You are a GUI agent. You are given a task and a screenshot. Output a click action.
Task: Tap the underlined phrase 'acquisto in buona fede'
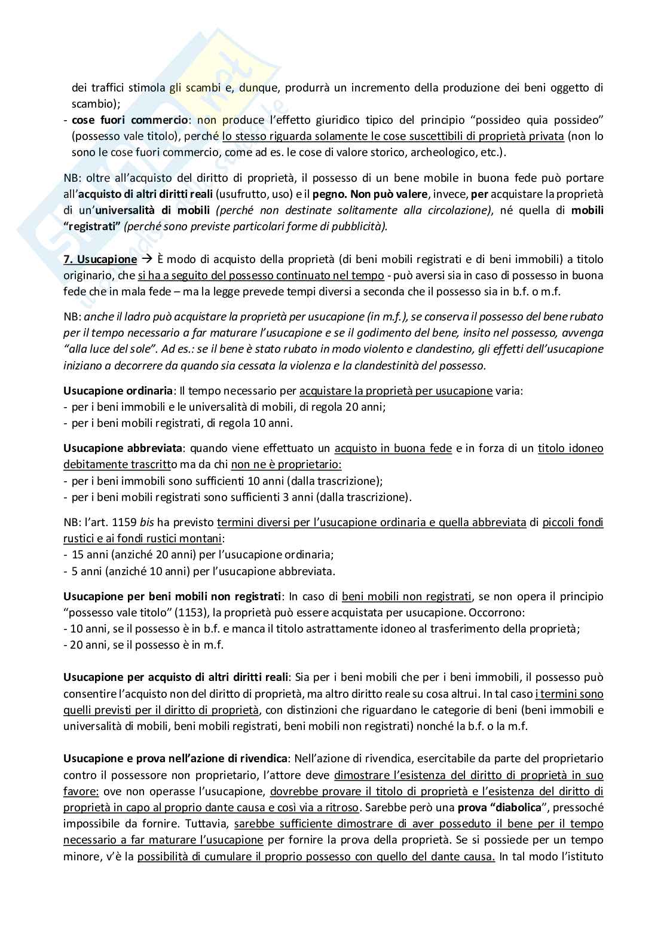point(393,448)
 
